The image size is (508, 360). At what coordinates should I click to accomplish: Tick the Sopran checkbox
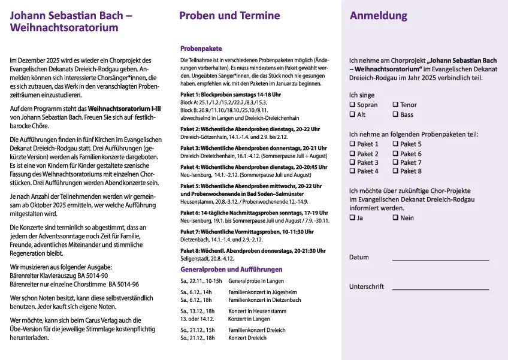pos(352,105)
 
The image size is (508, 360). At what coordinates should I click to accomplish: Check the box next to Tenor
pos(395,105)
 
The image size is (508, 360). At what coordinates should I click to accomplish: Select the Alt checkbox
pos(352,114)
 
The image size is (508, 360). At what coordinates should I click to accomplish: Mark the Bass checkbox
pos(395,114)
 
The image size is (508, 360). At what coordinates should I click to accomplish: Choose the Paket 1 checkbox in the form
pos(352,144)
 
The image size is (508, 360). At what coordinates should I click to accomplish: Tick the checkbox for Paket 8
pos(395,171)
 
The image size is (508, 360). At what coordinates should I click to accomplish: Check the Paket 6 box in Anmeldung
pos(395,153)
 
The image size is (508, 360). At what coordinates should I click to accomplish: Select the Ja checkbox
pos(352,218)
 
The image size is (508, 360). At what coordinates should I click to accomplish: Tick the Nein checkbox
pos(395,218)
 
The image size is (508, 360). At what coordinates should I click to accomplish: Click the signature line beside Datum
pos(440,259)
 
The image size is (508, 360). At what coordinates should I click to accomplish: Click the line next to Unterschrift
pos(440,289)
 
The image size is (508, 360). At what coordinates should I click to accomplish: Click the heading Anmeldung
pos(378,16)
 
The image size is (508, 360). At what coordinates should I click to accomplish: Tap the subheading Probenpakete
pos(201,49)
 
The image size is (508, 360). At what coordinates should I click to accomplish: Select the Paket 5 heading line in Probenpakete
pos(250,187)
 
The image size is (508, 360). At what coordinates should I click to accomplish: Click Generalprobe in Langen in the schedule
pos(256,281)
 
